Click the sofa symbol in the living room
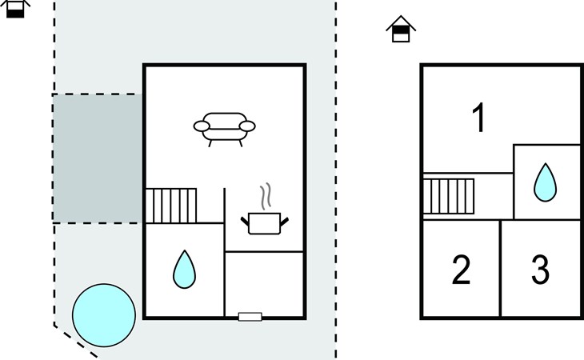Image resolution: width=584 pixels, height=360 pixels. click(224, 130)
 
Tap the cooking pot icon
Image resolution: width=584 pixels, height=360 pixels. click(265, 223)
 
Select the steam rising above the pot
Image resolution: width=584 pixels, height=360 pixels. click(266, 196)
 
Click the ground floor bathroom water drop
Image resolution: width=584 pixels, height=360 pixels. click(184, 270)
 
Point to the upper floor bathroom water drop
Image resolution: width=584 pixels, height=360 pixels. click(546, 182)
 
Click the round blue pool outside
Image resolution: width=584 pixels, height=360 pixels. click(104, 315)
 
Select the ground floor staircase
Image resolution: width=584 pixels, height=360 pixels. click(171, 206)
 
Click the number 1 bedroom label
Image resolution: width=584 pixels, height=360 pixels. click(479, 118)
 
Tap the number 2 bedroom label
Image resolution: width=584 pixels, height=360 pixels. click(461, 270)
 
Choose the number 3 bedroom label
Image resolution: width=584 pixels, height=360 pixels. click(540, 270)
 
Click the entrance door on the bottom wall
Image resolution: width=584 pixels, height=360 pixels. click(250, 317)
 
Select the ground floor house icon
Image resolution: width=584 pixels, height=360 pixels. click(15, 9)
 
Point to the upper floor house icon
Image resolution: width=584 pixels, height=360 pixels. click(401, 29)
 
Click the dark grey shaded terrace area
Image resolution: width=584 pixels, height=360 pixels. click(98, 158)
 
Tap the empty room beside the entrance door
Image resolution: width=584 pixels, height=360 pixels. click(264, 284)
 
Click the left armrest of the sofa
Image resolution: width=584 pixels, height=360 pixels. click(202, 126)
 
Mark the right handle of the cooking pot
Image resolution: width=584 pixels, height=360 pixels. click(284, 222)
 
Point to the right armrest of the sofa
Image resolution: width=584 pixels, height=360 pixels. click(247, 126)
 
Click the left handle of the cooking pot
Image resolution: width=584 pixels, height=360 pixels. click(245, 222)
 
